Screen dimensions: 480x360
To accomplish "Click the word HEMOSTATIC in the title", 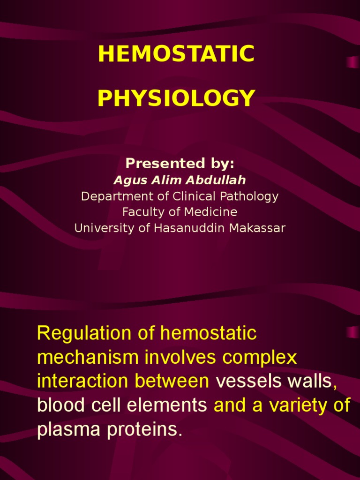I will [x=176, y=54].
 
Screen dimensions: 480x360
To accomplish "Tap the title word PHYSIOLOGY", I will [x=176, y=98].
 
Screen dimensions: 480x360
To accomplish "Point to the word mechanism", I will [x=87, y=358].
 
